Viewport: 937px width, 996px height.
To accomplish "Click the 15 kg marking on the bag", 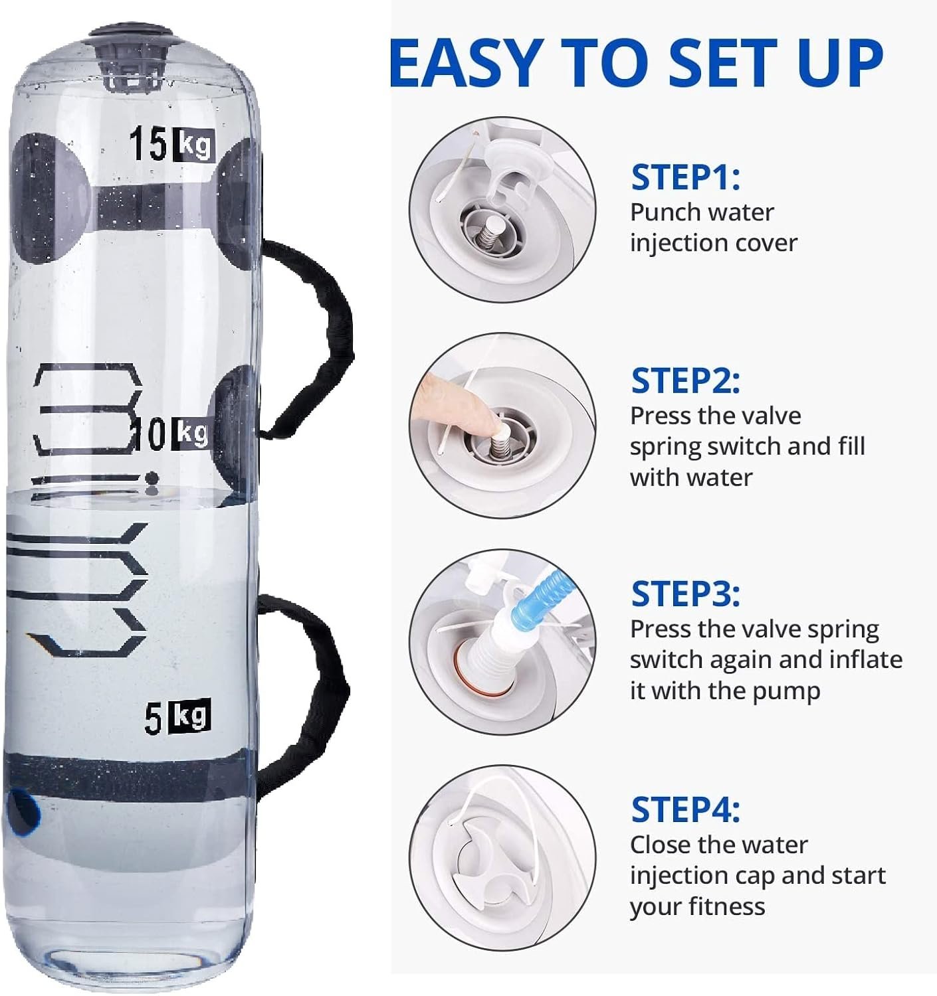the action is tap(171, 145).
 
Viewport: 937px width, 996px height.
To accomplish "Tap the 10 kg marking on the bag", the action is tap(171, 434).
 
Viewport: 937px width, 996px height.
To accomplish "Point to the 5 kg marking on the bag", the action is tap(177, 716).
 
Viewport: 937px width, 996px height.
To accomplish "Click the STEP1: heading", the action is tap(685, 177).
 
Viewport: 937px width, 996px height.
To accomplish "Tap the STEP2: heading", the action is tap(685, 380).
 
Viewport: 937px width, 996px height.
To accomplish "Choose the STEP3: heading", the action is tap(685, 594).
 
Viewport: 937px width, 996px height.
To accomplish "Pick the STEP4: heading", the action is tap(685, 809).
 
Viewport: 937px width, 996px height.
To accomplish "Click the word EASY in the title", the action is tap(467, 63).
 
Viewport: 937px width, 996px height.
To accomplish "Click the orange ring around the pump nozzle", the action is tap(482, 677).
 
